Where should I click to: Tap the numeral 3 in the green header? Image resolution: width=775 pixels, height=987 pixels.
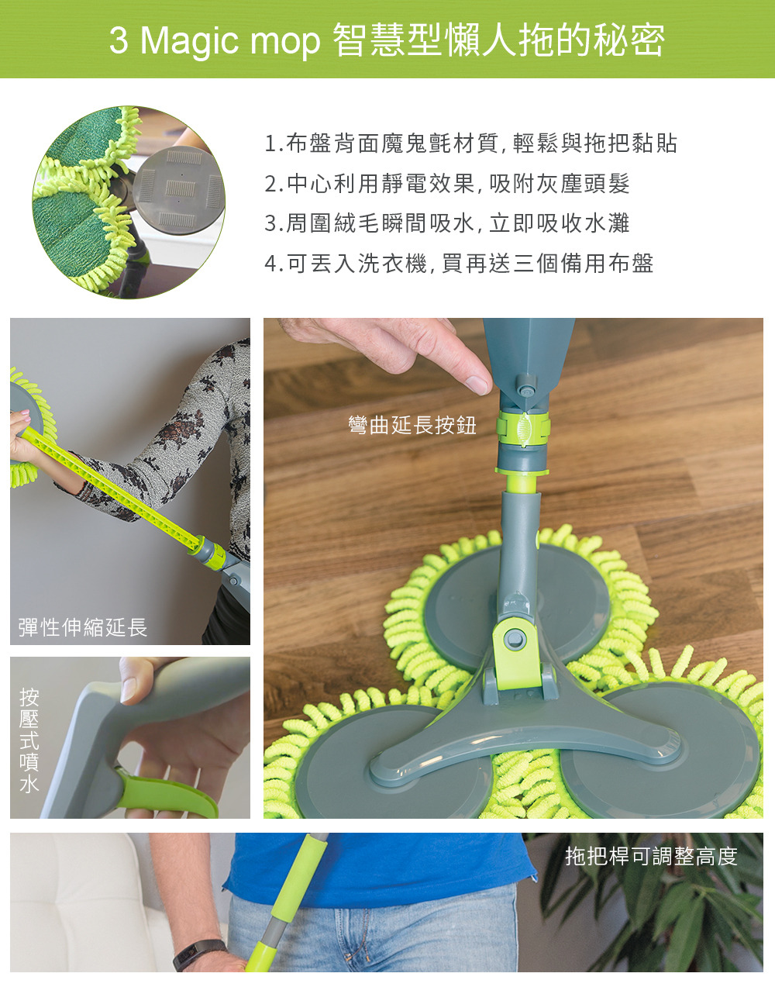(x=119, y=41)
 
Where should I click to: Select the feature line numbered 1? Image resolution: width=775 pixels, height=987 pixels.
(x=470, y=143)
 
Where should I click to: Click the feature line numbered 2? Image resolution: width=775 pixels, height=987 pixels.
(x=446, y=183)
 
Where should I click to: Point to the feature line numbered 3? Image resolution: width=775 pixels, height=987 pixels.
(x=446, y=223)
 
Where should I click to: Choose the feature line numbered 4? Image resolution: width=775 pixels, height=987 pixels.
(x=459, y=264)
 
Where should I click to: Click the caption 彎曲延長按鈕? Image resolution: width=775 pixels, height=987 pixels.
(x=412, y=425)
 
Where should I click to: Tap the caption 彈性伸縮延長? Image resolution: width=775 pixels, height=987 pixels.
(x=83, y=627)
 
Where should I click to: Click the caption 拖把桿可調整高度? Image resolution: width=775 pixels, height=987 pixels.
(x=652, y=856)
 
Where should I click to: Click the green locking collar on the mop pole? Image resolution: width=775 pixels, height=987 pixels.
(x=523, y=428)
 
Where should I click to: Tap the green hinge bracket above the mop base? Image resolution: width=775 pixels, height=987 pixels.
(x=517, y=653)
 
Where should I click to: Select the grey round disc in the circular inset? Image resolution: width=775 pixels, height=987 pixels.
(x=178, y=190)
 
